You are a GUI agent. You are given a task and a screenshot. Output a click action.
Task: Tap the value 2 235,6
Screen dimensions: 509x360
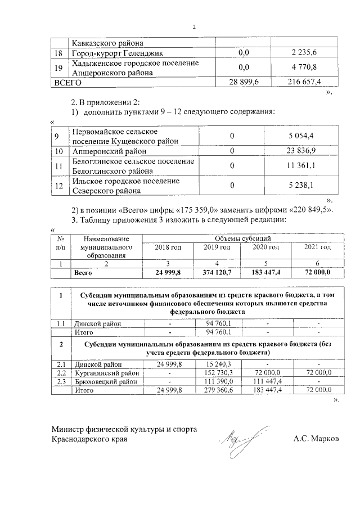[x=304, y=53]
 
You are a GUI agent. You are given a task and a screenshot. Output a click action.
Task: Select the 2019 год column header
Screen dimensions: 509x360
[x=217, y=247]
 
